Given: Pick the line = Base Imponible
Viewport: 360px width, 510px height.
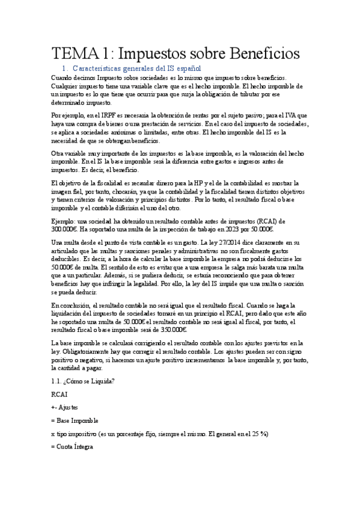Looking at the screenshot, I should pos(75,420).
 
